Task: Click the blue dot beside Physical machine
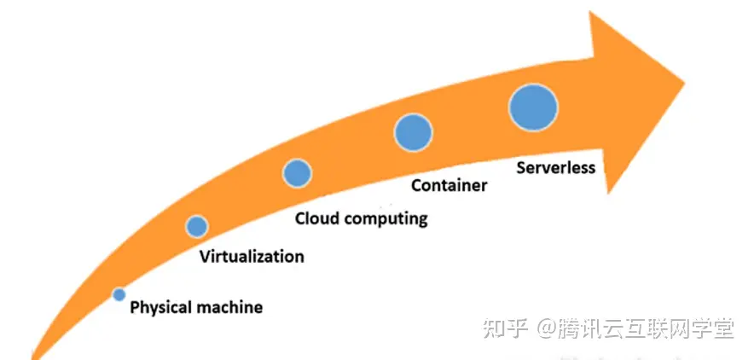(x=119, y=294)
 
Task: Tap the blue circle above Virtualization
(x=197, y=226)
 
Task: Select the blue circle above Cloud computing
(x=297, y=173)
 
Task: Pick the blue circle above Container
(x=413, y=132)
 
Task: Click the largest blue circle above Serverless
(x=533, y=107)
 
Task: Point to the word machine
(x=229, y=307)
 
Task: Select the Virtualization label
(x=251, y=256)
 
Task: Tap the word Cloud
(x=315, y=218)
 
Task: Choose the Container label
(x=449, y=184)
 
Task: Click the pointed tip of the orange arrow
(x=684, y=83)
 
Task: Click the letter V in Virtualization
(x=204, y=256)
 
